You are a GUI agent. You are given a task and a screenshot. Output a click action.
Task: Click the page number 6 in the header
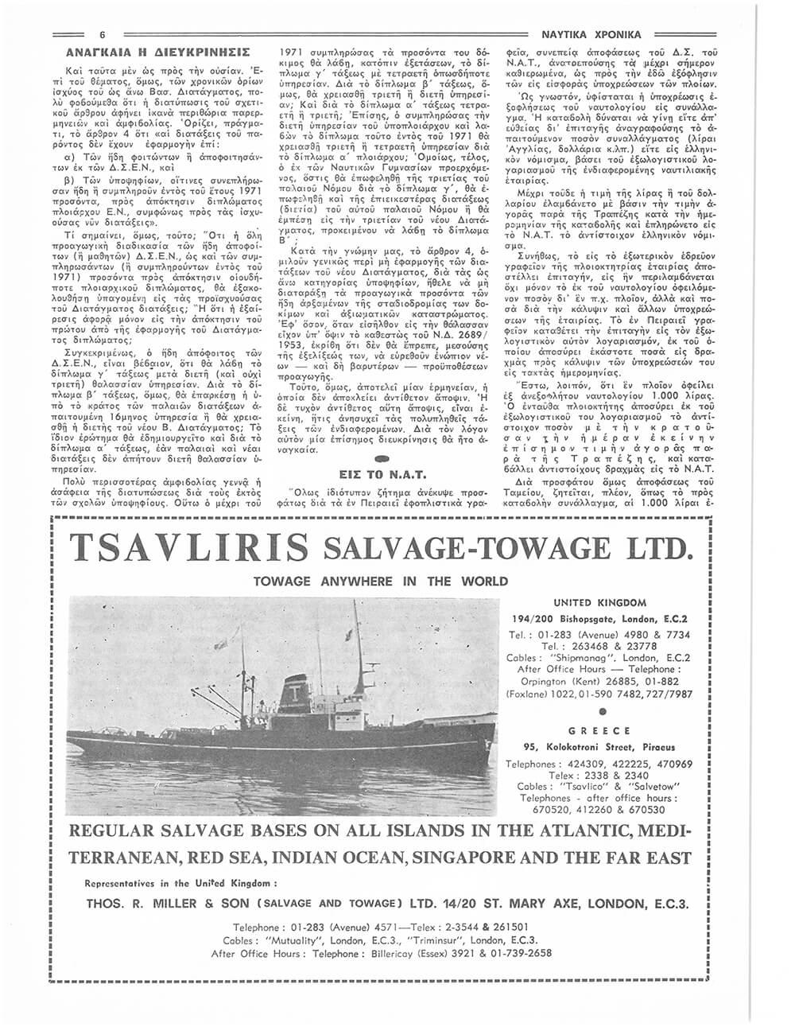103,34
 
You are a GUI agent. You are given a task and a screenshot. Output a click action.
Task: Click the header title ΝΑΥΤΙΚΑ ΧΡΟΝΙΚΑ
590,34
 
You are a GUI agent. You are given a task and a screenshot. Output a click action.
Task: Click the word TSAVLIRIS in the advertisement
190,548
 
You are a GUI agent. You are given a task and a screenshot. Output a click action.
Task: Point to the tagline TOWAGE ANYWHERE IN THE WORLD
380,581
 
